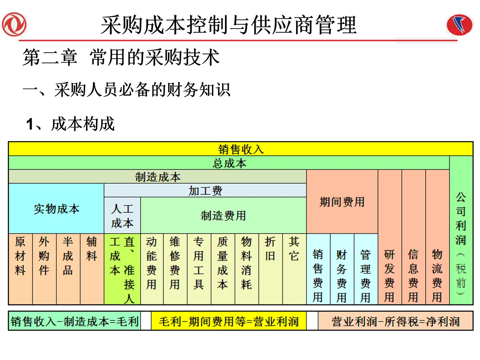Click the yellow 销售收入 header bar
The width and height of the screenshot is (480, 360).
click(241, 149)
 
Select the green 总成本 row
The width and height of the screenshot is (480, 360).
click(229, 163)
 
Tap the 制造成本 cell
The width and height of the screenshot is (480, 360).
click(157, 177)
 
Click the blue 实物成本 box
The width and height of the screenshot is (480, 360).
click(56, 209)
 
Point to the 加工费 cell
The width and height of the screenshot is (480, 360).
click(205, 191)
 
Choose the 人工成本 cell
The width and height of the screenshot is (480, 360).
click(122, 216)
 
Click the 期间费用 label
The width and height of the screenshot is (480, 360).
click(342, 202)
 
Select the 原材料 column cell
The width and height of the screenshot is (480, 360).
click(20, 269)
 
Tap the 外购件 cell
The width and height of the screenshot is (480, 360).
click(44, 269)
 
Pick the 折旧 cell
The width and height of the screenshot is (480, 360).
click(270, 269)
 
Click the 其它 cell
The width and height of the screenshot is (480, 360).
click(294, 269)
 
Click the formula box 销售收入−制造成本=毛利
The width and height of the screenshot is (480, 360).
click(74, 321)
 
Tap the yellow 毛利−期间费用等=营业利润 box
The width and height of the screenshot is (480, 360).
click(229, 321)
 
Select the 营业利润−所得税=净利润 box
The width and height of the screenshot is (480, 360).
click(395, 321)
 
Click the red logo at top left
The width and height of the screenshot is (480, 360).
click(14, 24)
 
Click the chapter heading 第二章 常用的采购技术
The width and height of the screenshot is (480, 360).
click(121, 57)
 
